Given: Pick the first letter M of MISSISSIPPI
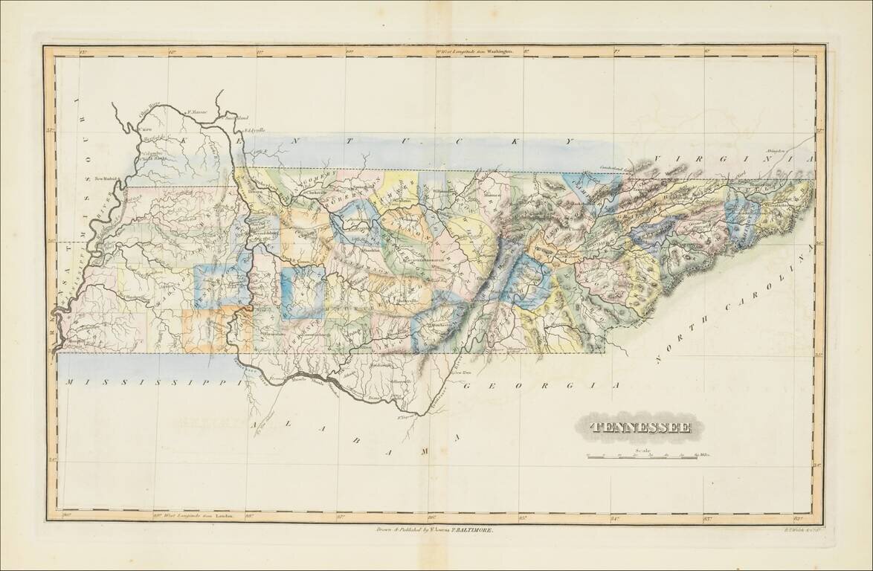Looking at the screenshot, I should click(68, 381).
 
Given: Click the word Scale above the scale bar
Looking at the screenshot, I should click(642, 449).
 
